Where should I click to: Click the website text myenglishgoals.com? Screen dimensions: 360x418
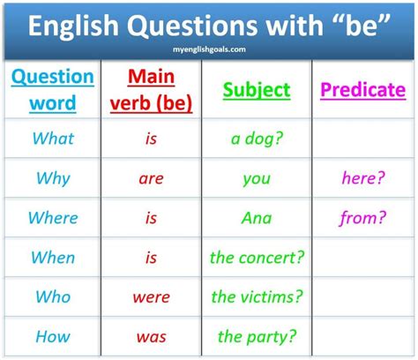click(208, 50)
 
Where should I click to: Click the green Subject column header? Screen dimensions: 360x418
click(257, 90)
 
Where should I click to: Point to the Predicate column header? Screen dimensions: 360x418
click(362, 90)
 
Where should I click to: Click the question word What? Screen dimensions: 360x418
click(53, 139)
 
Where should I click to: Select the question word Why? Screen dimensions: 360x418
click(53, 178)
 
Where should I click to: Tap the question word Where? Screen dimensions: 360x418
click(53, 218)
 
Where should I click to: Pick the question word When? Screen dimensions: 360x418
click(53, 258)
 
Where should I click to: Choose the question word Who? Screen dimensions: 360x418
click(53, 297)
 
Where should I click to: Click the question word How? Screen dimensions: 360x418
click(53, 336)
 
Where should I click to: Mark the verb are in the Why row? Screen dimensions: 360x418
click(151, 179)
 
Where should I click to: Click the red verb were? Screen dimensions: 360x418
click(151, 297)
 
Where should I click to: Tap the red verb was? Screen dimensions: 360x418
click(151, 337)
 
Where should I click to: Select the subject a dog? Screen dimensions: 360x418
click(257, 139)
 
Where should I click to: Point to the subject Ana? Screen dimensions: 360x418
click(257, 218)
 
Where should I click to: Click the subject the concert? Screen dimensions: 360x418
click(257, 258)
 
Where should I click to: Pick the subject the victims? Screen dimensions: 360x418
click(257, 297)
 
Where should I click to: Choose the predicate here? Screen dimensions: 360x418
click(362, 178)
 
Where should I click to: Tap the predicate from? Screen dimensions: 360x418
click(362, 218)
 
